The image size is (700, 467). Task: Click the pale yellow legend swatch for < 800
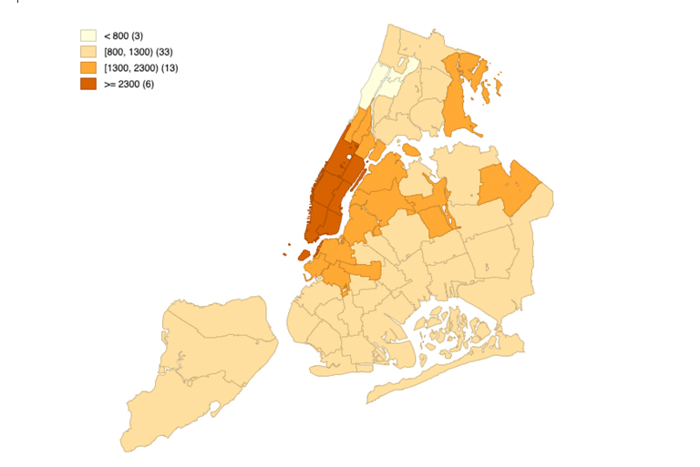click(88, 36)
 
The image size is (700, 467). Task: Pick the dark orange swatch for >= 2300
click(88, 84)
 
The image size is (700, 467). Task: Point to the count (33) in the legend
click(164, 52)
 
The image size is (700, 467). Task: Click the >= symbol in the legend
click(109, 85)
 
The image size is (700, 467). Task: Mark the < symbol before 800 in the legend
click(108, 36)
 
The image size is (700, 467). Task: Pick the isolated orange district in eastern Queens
click(509, 187)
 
